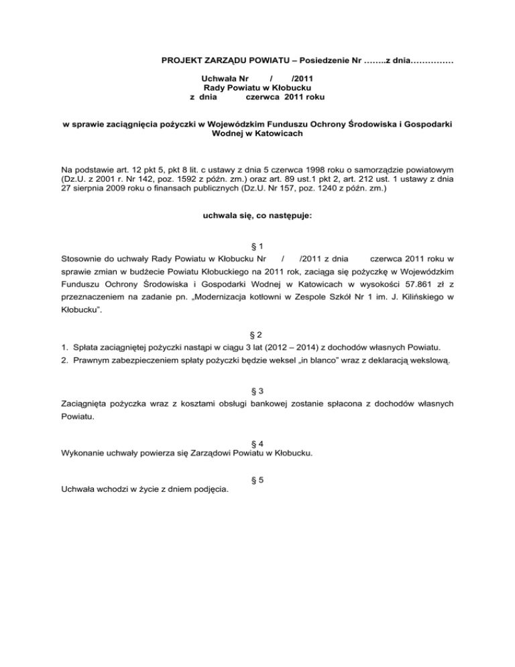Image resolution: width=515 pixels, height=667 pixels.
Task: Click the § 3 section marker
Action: [x=257, y=391]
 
